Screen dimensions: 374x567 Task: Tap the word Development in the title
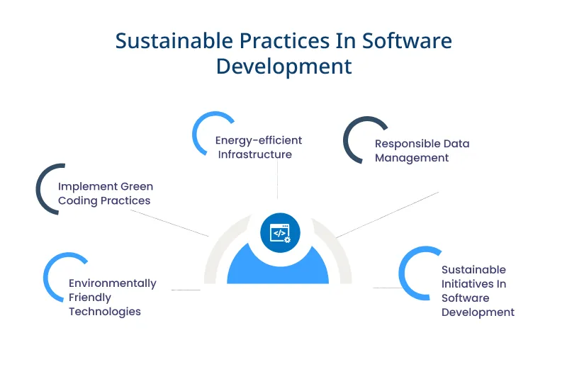(x=283, y=66)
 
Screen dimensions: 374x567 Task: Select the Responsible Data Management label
(x=422, y=151)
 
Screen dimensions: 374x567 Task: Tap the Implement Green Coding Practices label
(x=105, y=193)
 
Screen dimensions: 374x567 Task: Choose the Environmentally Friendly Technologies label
(x=112, y=297)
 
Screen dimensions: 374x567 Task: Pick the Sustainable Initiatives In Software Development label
(x=477, y=290)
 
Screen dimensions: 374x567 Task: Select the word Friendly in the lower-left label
(x=90, y=297)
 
